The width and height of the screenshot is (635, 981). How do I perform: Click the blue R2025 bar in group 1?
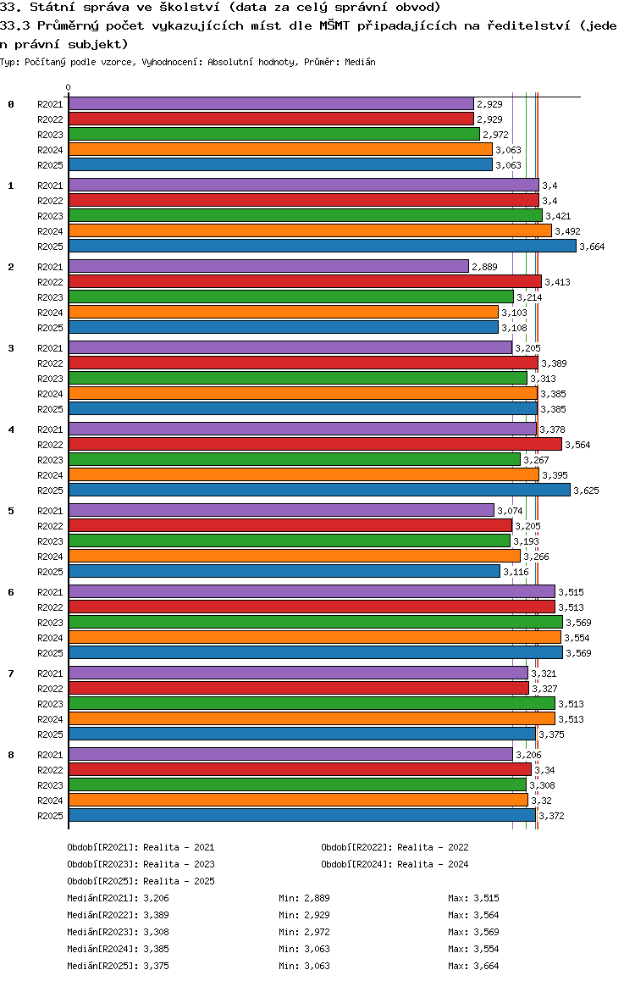tap(323, 247)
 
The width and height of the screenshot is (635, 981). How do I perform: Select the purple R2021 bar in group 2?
tap(268, 267)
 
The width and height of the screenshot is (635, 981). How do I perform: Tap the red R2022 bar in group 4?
tap(315, 444)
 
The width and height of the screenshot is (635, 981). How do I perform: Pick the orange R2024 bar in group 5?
tap(295, 557)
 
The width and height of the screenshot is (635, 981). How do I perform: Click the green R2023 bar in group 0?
tap(274, 135)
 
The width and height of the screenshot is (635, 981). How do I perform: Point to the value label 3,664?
tap(592, 247)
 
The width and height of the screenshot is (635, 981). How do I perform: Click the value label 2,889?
tap(484, 267)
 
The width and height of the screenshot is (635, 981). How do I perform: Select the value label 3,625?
tap(586, 490)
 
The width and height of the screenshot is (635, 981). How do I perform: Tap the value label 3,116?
tap(516, 572)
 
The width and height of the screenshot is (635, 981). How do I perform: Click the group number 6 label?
tap(11, 592)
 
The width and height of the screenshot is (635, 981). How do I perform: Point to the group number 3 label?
tap(11, 348)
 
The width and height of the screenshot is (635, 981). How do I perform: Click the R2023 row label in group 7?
tap(50, 704)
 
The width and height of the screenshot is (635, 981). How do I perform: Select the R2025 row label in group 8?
tap(50, 816)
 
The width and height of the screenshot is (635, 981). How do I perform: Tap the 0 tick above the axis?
tap(68, 87)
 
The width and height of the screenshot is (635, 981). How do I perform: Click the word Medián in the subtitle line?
tap(360, 62)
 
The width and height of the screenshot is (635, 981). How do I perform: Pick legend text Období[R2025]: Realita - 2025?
tap(141, 881)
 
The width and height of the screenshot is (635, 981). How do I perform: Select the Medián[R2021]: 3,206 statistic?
tap(119, 898)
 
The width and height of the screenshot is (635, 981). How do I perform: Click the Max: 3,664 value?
tap(473, 966)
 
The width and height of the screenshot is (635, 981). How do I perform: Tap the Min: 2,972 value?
tap(304, 932)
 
